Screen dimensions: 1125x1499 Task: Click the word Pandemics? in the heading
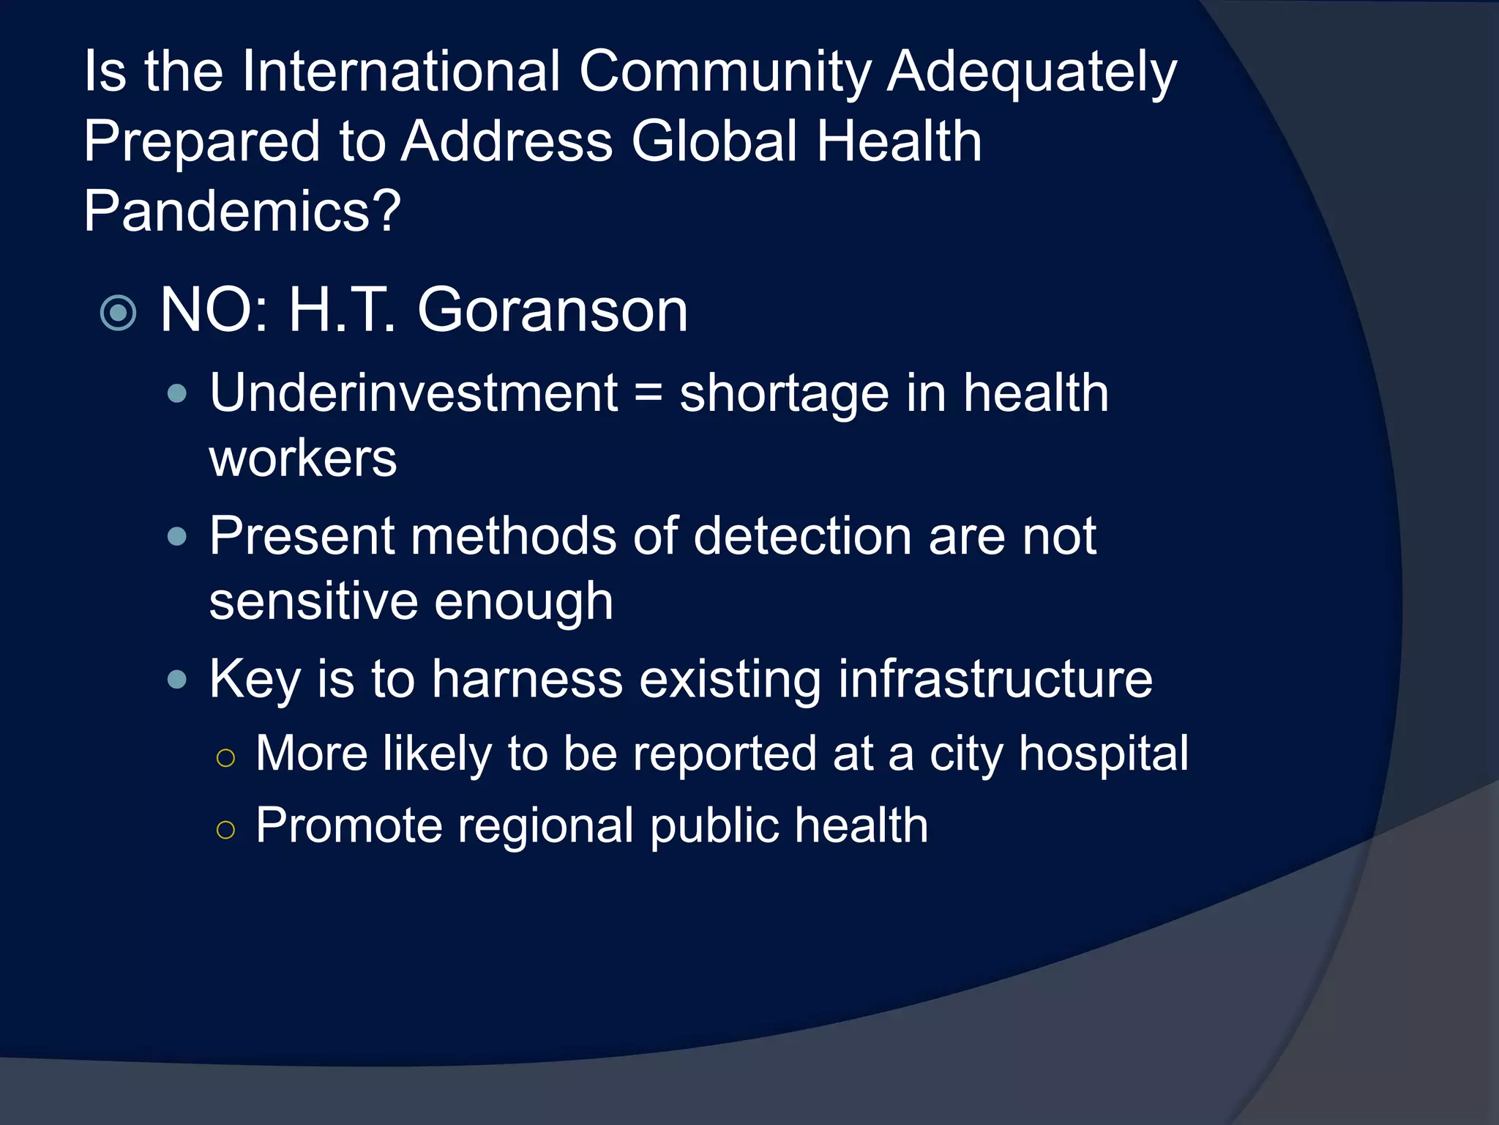tap(242, 211)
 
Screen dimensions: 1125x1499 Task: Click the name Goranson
tap(553, 310)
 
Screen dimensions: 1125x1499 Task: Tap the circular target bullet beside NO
tap(119, 313)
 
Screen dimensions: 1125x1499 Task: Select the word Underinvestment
tap(414, 393)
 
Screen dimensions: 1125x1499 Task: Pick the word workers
tap(303, 458)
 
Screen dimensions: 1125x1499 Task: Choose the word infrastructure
tap(995, 679)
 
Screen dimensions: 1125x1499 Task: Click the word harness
tap(527, 679)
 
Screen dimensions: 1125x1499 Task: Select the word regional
tap(546, 825)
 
